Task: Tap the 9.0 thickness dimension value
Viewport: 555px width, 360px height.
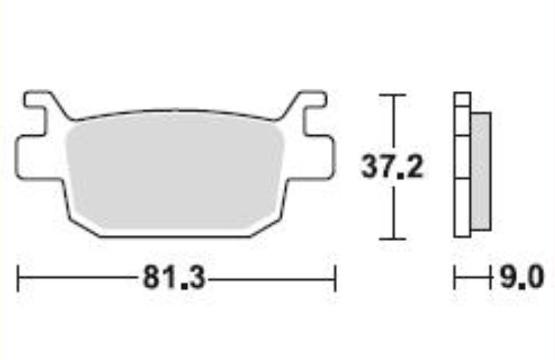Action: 522,279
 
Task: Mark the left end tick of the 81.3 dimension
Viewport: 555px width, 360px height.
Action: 18,279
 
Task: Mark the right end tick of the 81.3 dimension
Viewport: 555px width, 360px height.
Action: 335,279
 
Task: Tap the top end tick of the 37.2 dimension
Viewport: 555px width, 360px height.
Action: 392,95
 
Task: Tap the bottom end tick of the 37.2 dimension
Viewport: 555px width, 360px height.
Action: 392,238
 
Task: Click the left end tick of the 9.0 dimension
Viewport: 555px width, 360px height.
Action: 455,279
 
